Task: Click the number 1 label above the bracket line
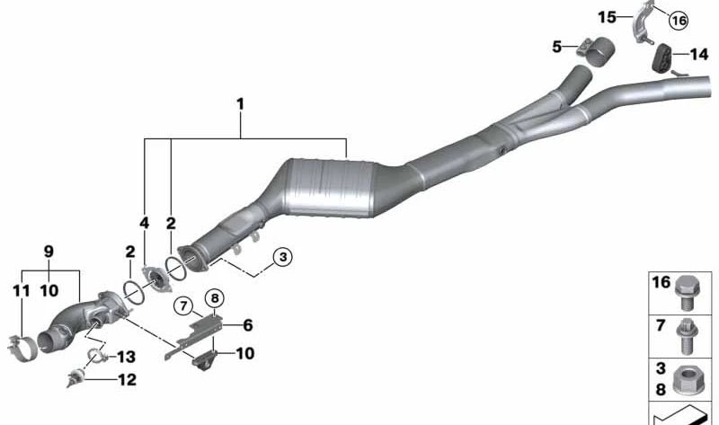tap(240, 104)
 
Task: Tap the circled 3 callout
tap(283, 257)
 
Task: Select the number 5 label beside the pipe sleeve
tap(556, 47)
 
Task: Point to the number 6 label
tap(248, 325)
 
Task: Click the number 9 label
tap(49, 252)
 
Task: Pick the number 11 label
tap(21, 290)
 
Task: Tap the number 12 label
tap(127, 379)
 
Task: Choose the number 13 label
tap(126, 357)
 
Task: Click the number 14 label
tap(699, 55)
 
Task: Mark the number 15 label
tap(607, 17)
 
